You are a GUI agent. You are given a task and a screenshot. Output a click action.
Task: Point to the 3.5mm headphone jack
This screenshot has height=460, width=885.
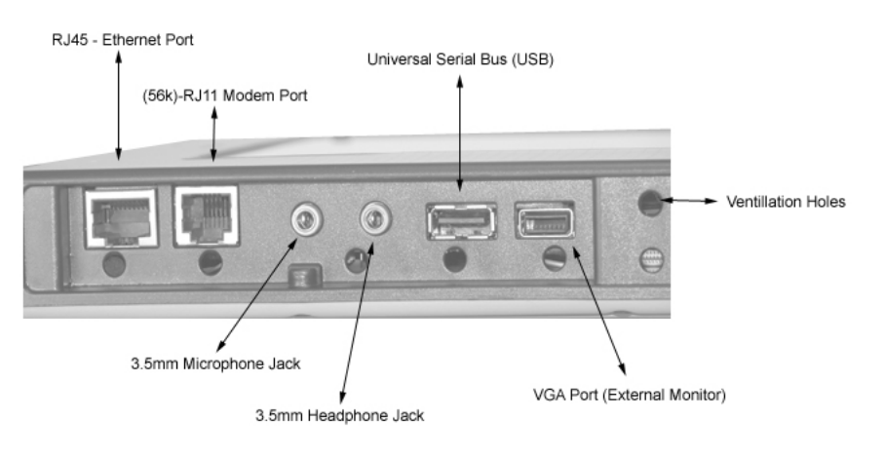(371, 220)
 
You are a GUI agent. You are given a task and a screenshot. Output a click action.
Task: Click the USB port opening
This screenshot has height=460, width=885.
(460, 220)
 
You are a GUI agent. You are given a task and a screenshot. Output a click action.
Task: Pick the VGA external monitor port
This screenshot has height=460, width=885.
(544, 220)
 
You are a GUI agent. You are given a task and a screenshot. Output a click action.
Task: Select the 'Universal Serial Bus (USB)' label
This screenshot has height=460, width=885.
(454, 59)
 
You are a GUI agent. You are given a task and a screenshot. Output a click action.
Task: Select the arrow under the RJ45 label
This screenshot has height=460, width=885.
(119, 104)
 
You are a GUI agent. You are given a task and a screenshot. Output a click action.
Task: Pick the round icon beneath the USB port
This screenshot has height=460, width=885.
(451, 260)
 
